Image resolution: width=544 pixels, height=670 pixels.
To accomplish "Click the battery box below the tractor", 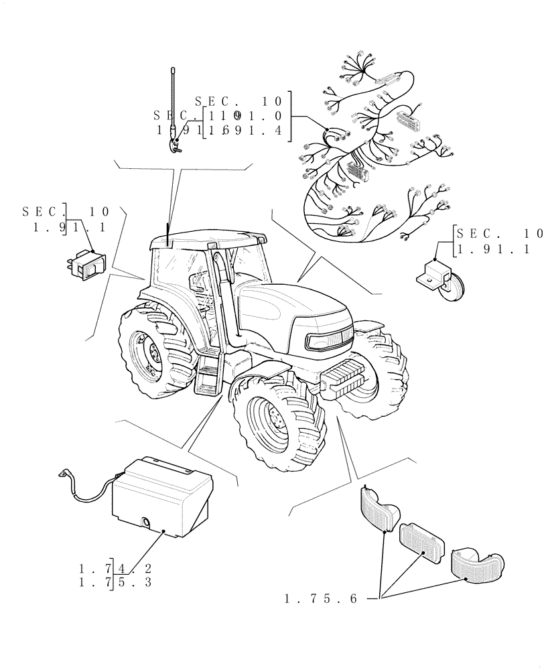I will pyautogui.click(x=161, y=496).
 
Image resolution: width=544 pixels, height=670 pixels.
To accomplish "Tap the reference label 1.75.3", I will pyautogui.click(x=114, y=582).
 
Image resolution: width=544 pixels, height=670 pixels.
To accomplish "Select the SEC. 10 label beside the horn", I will pyautogui.click(x=498, y=234).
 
